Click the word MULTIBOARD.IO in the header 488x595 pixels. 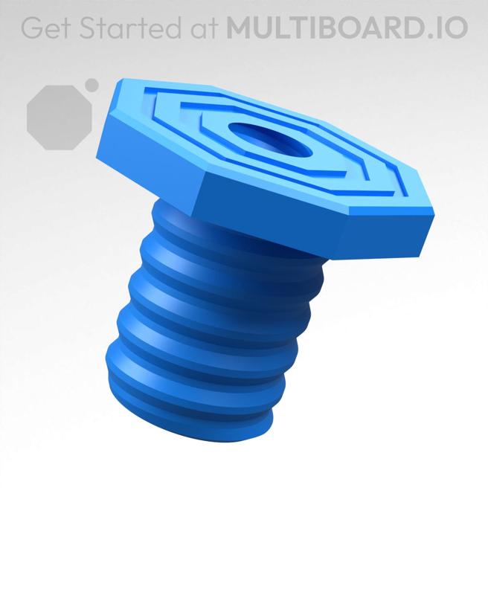347,28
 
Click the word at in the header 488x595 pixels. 203,28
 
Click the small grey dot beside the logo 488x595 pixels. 92,85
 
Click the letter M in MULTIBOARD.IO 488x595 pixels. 240,28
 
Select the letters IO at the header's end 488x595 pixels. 452,28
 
